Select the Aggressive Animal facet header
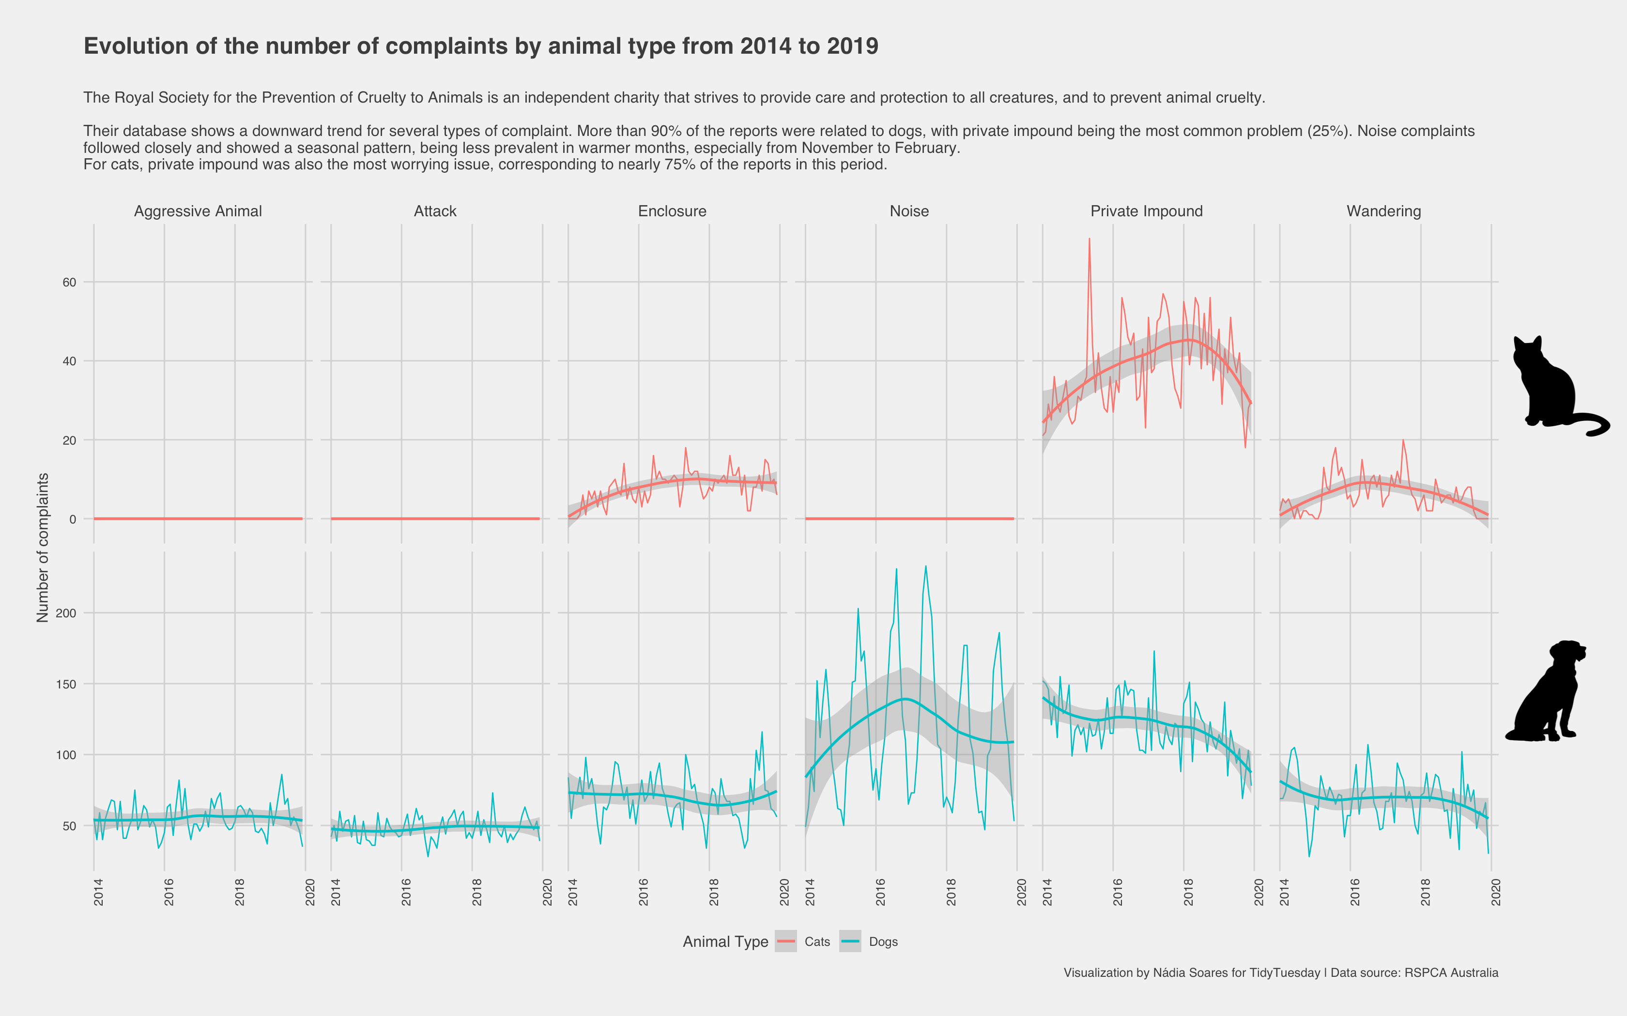point(198,211)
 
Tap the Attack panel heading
point(435,211)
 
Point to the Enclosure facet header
point(672,211)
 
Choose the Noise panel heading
point(909,211)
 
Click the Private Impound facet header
point(1146,211)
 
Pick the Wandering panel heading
point(1383,211)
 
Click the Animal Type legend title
point(725,942)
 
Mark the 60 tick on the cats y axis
point(69,282)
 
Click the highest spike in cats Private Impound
point(1089,239)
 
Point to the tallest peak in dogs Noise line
point(926,567)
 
